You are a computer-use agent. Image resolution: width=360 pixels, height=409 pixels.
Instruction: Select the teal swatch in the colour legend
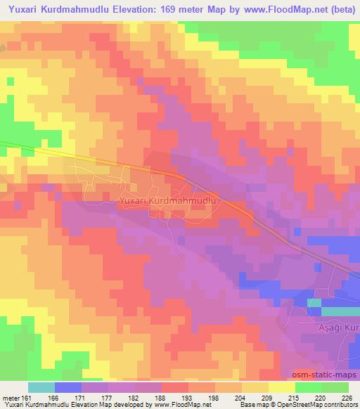[x=42, y=387]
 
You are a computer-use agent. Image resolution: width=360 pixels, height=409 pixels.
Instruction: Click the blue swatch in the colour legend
[x=68, y=387]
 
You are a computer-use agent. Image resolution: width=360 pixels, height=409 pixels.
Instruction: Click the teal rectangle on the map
[x=335, y=310]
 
